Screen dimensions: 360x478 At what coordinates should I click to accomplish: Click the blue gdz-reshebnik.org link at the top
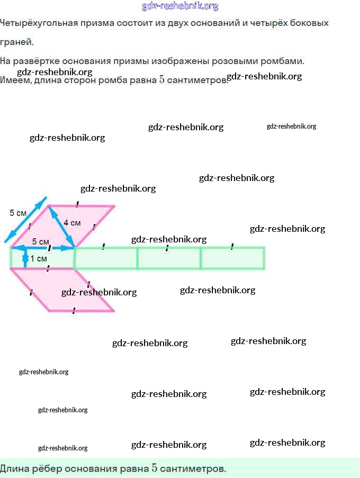tap(180, 6)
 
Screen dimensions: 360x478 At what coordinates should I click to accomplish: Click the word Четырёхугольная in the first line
tap(39, 23)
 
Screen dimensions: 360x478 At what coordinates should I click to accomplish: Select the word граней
tap(16, 42)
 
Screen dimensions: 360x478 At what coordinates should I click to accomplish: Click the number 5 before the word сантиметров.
tap(161, 80)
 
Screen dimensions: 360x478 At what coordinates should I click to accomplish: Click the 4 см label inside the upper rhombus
tap(72, 223)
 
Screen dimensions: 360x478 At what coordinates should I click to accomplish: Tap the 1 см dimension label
tap(39, 259)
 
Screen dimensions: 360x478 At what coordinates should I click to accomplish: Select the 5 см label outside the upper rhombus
tap(18, 213)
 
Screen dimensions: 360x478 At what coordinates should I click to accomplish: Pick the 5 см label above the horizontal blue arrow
tap(41, 241)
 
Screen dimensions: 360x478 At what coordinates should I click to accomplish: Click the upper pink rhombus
tap(63, 227)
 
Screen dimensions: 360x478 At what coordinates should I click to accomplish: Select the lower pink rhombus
tap(62, 290)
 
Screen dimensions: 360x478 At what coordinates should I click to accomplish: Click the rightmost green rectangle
tap(232, 258)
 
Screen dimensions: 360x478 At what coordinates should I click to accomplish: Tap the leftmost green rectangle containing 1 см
tap(42, 258)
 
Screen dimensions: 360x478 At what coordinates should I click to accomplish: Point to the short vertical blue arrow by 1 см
tap(25, 258)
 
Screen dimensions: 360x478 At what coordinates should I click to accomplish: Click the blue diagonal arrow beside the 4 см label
tap(62, 227)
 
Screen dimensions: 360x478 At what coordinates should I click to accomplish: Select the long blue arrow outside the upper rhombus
tap(25, 220)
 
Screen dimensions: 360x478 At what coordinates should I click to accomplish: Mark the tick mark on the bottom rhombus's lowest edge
tap(74, 311)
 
